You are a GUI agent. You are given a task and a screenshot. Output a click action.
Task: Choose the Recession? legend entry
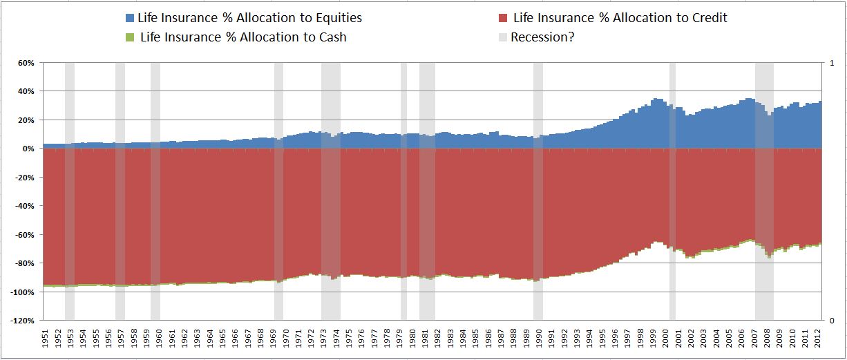542,37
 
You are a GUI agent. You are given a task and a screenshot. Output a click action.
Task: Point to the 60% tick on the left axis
26,63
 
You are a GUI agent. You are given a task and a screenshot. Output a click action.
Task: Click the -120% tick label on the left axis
22,321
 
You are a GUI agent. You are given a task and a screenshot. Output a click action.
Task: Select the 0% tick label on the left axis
28,149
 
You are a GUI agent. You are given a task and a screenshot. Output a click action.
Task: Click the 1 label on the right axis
829,63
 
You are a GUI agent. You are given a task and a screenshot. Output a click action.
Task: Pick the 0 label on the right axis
829,321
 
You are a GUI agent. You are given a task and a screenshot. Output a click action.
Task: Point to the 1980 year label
415,339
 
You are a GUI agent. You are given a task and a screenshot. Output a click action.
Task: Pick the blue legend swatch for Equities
131,18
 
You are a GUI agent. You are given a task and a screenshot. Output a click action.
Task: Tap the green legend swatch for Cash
131,37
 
